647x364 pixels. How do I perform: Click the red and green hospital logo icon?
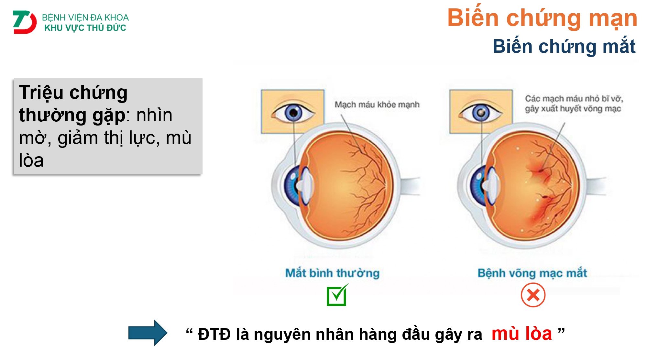(25, 22)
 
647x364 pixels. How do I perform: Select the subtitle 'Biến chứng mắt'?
(564, 46)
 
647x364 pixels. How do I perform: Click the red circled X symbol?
(533, 295)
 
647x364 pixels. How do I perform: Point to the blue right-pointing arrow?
(148, 333)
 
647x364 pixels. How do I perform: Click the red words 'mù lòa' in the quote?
(521, 333)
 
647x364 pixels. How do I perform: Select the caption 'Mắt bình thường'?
(332, 273)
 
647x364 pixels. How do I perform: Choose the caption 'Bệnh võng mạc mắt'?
(532, 273)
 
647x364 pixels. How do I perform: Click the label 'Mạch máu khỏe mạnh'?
(377, 105)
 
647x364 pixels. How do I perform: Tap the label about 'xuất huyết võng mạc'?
(573, 108)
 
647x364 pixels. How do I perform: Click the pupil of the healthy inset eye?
(293, 113)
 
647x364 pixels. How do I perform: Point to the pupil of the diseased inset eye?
(481, 113)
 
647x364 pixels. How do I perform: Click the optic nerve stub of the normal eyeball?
(410, 186)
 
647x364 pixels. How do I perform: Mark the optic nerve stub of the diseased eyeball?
(596, 186)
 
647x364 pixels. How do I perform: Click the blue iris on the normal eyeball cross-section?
(291, 186)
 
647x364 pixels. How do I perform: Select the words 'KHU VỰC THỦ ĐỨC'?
(85, 28)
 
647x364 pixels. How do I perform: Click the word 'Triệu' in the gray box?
(41, 93)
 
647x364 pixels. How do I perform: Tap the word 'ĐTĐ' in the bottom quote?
(214, 334)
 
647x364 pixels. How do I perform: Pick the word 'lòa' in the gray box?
(31, 160)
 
